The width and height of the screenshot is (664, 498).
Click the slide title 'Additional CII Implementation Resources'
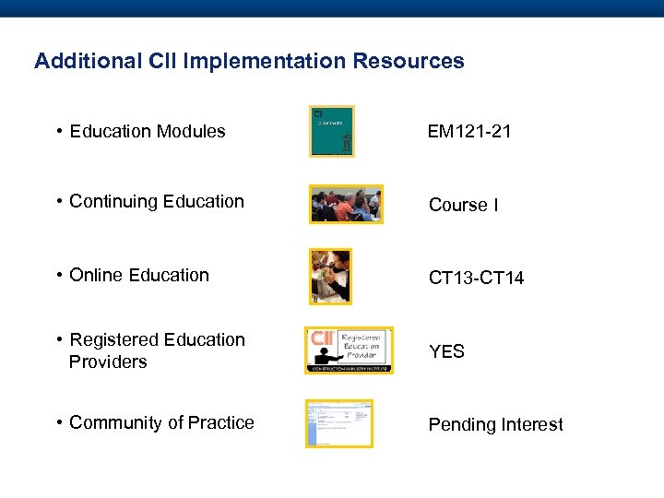(249, 62)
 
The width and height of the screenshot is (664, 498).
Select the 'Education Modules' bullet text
(147, 131)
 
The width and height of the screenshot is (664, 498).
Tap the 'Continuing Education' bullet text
(156, 201)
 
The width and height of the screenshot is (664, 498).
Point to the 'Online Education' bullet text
(139, 275)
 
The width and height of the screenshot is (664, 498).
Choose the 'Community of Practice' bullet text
(161, 422)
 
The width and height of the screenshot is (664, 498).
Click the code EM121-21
(469, 132)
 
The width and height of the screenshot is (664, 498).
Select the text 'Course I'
(464, 205)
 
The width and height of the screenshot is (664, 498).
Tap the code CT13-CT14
(476, 278)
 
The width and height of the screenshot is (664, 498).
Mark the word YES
(446, 351)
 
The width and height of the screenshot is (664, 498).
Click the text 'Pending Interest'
(495, 424)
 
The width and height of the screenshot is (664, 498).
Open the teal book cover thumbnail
(332, 131)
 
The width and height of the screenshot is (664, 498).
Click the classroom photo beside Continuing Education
(346, 204)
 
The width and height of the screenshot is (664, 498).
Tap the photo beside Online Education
(330, 276)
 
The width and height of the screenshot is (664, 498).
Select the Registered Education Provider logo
(349, 350)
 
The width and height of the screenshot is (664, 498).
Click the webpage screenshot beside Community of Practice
(339, 423)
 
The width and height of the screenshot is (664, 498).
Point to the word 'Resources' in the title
(411, 62)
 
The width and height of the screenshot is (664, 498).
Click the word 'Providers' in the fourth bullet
(108, 362)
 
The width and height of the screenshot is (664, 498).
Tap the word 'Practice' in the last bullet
(220, 422)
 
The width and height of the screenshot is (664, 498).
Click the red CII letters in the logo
(322, 338)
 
